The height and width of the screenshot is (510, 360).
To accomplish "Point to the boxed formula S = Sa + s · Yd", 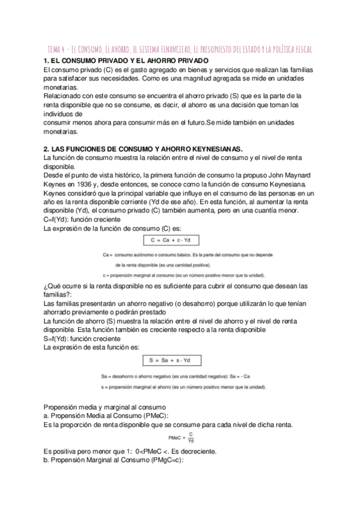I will (x=172, y=360).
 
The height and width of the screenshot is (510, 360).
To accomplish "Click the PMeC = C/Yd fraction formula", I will (x=183, y=438).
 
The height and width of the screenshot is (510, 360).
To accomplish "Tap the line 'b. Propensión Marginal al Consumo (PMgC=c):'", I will (x=113, y=459).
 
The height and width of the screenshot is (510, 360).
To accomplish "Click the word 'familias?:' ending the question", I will (x=58, y=295).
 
